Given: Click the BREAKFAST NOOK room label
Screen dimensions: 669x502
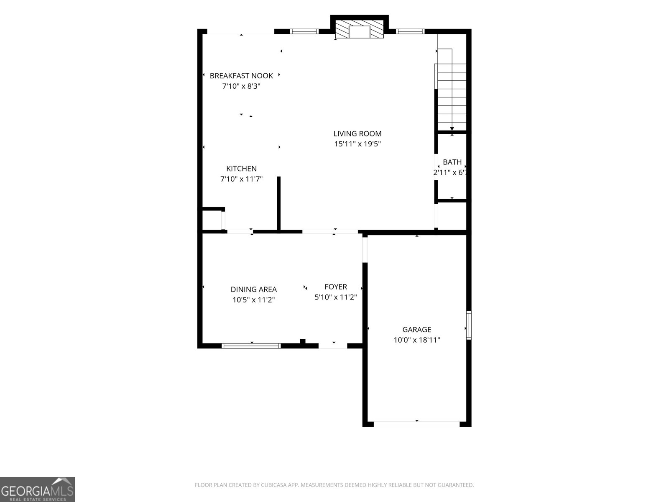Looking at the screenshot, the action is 241,76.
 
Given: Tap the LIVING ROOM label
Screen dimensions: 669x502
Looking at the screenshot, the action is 357,133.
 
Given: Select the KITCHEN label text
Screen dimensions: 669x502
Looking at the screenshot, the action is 241,169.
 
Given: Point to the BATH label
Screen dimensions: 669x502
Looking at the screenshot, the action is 452,162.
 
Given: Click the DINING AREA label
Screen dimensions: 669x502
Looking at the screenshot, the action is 253,289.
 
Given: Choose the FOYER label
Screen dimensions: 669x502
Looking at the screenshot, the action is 336,287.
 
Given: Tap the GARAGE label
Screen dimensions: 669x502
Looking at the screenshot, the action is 416,330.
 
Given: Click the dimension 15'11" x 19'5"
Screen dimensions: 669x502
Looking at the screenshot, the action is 357,144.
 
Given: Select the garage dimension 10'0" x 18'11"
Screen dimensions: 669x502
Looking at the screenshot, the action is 416,340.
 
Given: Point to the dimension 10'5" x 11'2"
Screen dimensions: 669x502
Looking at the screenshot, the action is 253,300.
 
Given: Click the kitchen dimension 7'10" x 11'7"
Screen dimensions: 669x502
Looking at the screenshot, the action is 241,179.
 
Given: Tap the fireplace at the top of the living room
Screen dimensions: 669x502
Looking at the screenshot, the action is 359,29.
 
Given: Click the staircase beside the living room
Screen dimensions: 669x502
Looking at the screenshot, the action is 452,90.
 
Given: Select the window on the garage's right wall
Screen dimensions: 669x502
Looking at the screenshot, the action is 469,325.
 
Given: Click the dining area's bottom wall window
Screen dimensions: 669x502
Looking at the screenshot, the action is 251,346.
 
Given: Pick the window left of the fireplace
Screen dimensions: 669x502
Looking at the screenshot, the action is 304,31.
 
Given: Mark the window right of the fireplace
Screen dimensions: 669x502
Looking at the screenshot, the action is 410,31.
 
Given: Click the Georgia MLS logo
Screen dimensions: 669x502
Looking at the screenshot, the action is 38,489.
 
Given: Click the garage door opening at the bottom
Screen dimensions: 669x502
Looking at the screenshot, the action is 416,424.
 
